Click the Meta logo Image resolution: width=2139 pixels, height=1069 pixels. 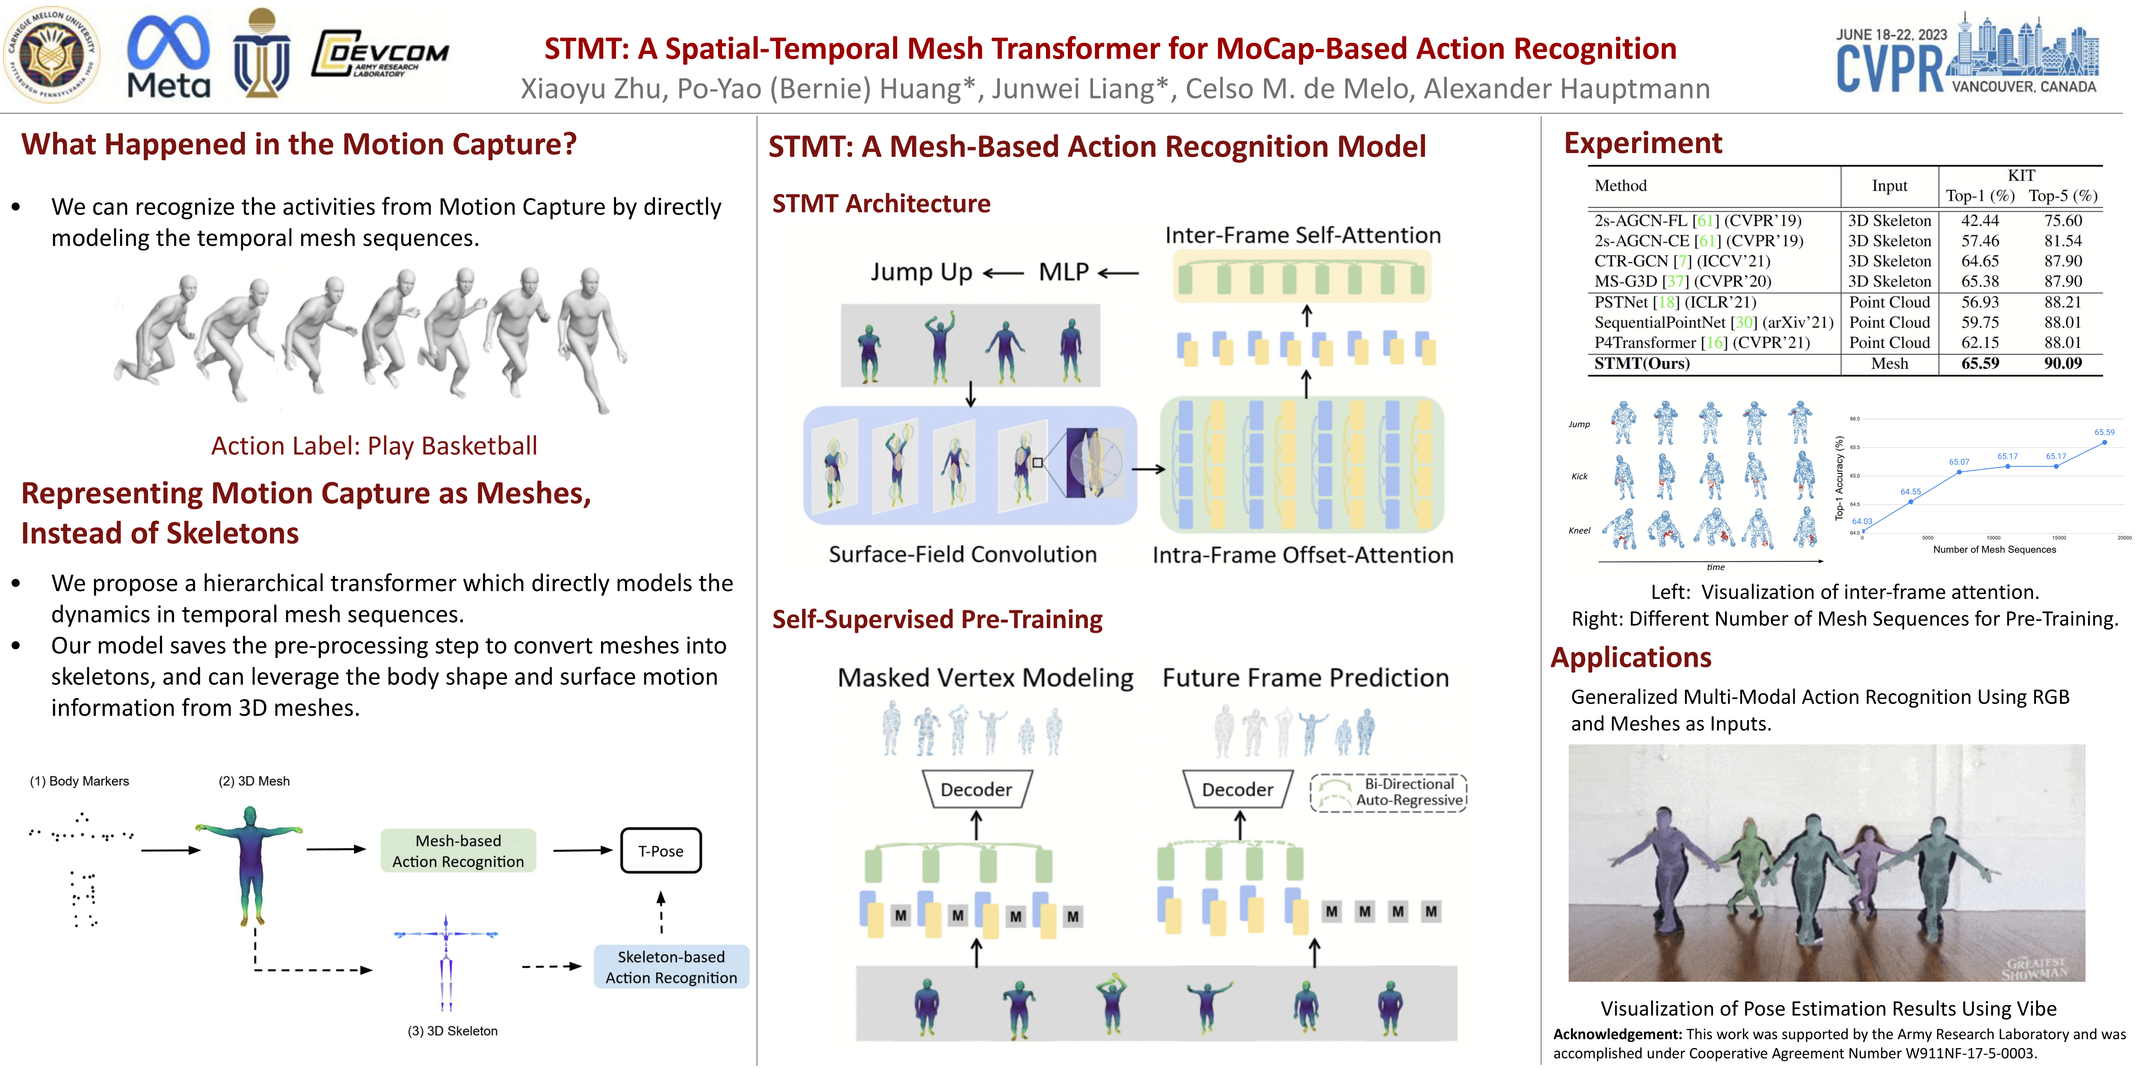(169, 56)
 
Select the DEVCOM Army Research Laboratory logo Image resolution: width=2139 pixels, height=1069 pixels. (380, 55)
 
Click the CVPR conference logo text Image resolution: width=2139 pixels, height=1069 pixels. (1889, 68)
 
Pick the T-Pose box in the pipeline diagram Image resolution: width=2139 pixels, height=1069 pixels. (661, 851)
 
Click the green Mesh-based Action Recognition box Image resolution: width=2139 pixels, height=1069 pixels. (458, 851)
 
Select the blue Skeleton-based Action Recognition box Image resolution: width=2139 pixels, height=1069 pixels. (671, 967)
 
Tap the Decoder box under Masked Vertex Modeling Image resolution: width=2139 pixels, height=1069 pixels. (977, 789)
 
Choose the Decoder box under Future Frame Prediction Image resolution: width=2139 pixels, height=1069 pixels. (1237, 789)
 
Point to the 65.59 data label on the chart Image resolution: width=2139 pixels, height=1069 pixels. (2103, 432)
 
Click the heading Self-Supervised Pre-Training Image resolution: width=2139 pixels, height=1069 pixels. (936, 619)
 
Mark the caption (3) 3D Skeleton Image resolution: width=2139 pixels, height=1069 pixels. (453, 1031)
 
